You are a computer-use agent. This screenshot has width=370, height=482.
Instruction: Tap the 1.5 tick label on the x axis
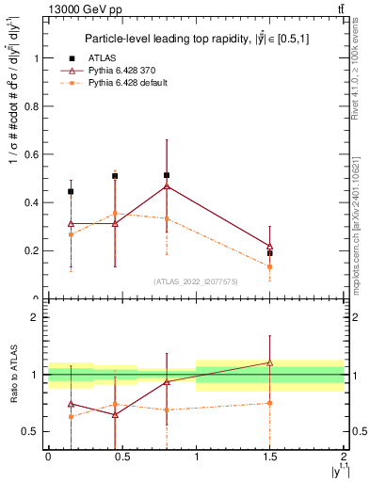pos(270,456)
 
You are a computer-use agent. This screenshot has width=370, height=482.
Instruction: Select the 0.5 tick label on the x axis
pos(121,456)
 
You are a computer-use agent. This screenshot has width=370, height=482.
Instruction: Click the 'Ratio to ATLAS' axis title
pos(12,375)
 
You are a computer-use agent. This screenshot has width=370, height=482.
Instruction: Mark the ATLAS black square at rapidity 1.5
pos(270,253)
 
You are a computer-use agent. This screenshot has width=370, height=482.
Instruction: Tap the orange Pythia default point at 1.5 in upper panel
pos(270,266)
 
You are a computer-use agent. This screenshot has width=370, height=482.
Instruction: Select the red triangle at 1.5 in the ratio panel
pos(270,362)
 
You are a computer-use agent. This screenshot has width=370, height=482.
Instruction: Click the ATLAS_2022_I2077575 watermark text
pos(195,281)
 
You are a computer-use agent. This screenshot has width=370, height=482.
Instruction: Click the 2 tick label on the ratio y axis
pos(35,318)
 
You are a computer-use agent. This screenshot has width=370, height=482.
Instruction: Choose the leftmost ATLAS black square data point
pos(71,191)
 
